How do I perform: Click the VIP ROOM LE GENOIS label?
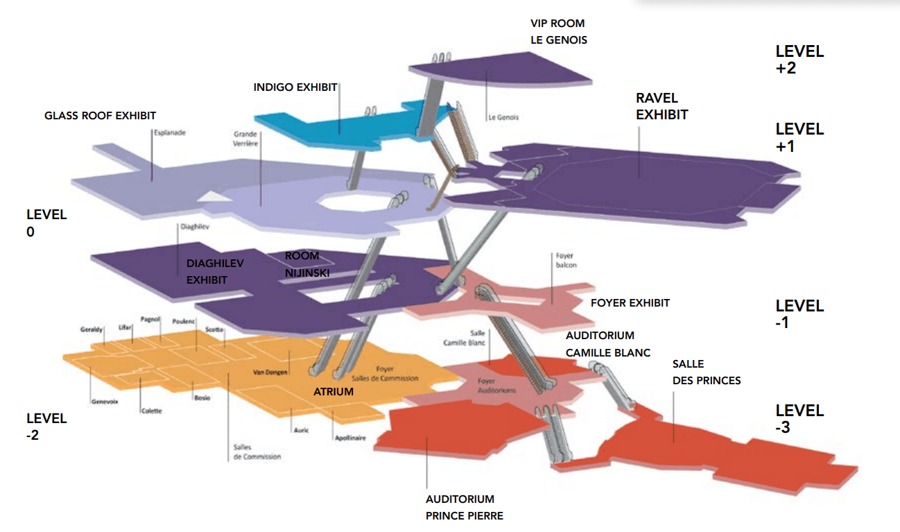[x=558, y=32]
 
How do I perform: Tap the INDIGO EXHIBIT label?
[x=295, y=87]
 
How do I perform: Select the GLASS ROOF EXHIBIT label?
[x=101, y=115]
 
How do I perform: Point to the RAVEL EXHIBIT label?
[x=662, y=106]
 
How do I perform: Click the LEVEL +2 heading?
[x=799, y=60]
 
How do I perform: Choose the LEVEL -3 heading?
[x=799, y=419]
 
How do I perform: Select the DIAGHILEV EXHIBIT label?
[x=216, y=271]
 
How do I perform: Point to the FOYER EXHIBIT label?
[x=630, y=303]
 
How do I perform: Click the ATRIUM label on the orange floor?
[x=334, y=392]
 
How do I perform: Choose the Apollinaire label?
[x=349, y=438]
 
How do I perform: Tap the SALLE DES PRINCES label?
[x=707, y=372]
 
